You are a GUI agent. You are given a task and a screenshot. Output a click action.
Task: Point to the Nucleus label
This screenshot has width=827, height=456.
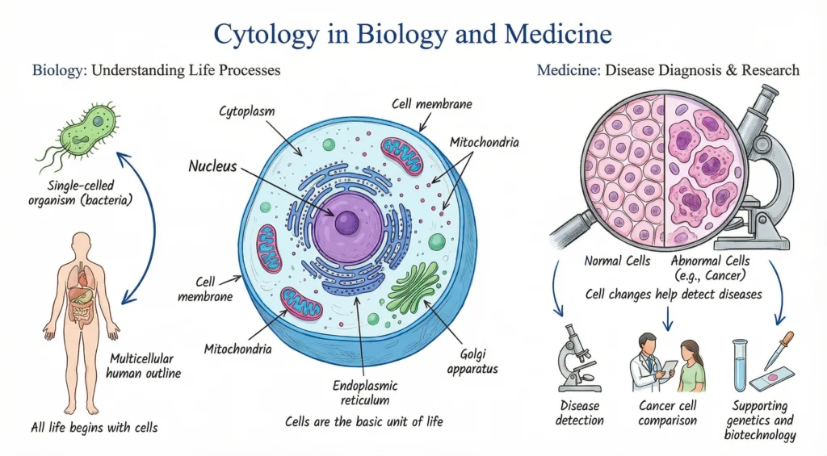(213, 167)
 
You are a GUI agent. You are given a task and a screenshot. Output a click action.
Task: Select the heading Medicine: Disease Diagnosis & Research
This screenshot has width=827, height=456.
(668, 70)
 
